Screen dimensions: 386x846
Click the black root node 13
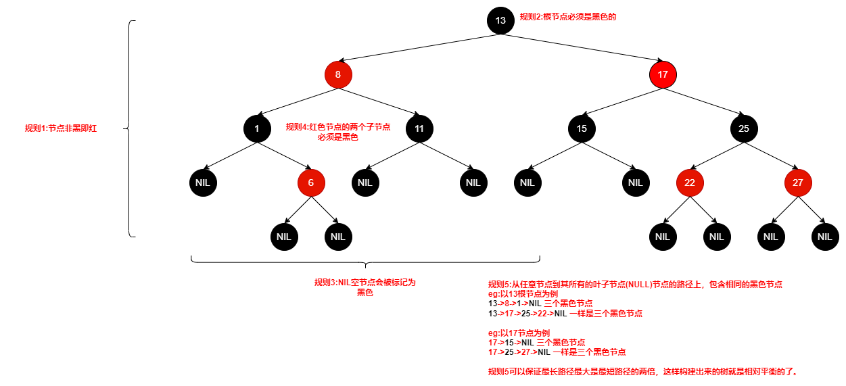[x=500, y=20]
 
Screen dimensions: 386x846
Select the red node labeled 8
[x=338, y=74]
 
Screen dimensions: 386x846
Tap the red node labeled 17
[x=663, y=74]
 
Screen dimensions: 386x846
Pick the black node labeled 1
[x=257, y=128]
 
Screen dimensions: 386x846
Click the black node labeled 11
[x=419, y=128]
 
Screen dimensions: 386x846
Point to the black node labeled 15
[x=582, y=128]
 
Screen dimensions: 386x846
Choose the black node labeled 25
[x=744, y=128]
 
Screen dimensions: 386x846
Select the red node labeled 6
[x=311, y=183]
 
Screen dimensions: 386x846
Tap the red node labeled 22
[x=690, y=183]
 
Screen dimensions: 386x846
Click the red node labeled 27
[x=798, y=183]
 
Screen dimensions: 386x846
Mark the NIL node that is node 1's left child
[x=203, y=183]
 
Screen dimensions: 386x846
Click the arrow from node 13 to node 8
[x=419, y=47]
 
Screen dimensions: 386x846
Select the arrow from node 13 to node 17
[x=582, y=47]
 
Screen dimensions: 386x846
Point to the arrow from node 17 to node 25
[x=703, y=101]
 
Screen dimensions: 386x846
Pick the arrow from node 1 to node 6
[x=284, y=155]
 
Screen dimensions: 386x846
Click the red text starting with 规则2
[x=567, y=17]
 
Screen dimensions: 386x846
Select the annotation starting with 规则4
[x=338, y=132]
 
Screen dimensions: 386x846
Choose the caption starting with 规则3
[x=365, y=287]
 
